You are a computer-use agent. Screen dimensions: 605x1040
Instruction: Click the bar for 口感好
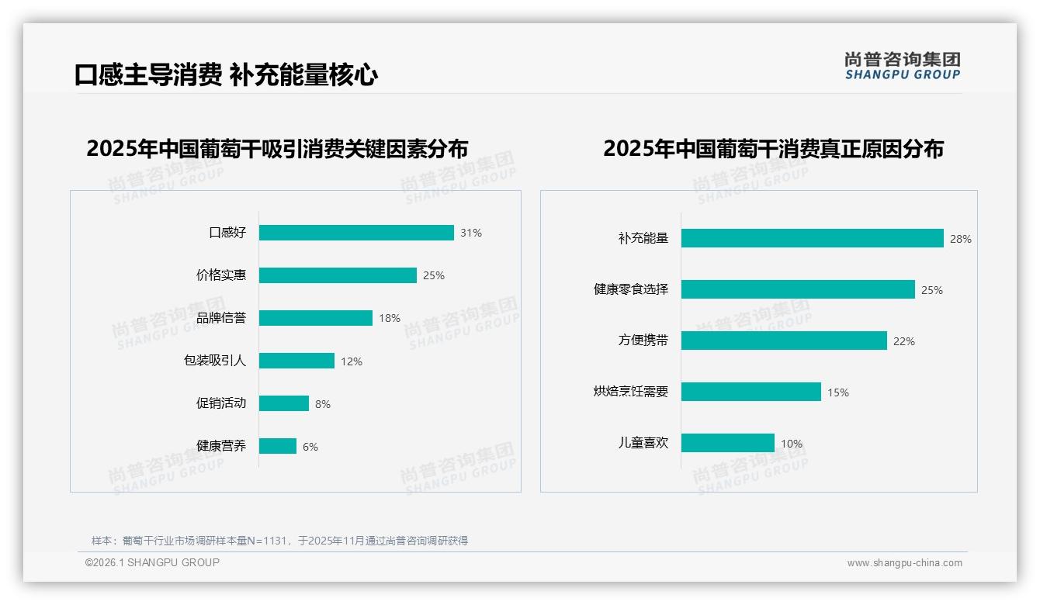tap(356, 233)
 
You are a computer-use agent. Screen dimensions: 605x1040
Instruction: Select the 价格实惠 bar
tap(338, 275)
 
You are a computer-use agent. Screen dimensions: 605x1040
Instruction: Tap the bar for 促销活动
tap(284, 403)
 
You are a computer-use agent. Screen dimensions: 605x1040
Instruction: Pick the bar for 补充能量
tap(812, 238)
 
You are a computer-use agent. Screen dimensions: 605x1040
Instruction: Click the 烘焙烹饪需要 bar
tap(751, 392)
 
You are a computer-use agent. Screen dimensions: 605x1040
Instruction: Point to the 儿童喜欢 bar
tap(727, 443)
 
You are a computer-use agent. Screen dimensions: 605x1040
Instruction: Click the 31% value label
tap(470, 233)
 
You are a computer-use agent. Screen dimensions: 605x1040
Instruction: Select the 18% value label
tap(390, 318)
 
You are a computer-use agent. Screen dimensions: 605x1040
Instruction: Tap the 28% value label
tap(960, 239)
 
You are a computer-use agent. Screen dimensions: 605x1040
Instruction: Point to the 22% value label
tap(903, 341)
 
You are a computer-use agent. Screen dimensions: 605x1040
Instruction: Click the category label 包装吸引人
tap(215, 361)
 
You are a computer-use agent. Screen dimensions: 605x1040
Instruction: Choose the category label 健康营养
tap(221, 446)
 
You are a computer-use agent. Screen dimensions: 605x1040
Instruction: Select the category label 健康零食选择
tap(631, 289)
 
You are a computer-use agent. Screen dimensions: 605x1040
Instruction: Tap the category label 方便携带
tap(643, 341)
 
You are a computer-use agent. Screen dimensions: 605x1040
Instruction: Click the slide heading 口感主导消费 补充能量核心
tap(226, 75)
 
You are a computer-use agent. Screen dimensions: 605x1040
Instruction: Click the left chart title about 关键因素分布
tap(277, 148)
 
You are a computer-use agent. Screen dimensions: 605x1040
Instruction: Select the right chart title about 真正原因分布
tap(773, 148)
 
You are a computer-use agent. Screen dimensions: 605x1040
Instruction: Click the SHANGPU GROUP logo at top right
tap(902, 65)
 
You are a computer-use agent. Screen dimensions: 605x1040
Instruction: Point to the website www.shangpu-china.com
tap(904, 563)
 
